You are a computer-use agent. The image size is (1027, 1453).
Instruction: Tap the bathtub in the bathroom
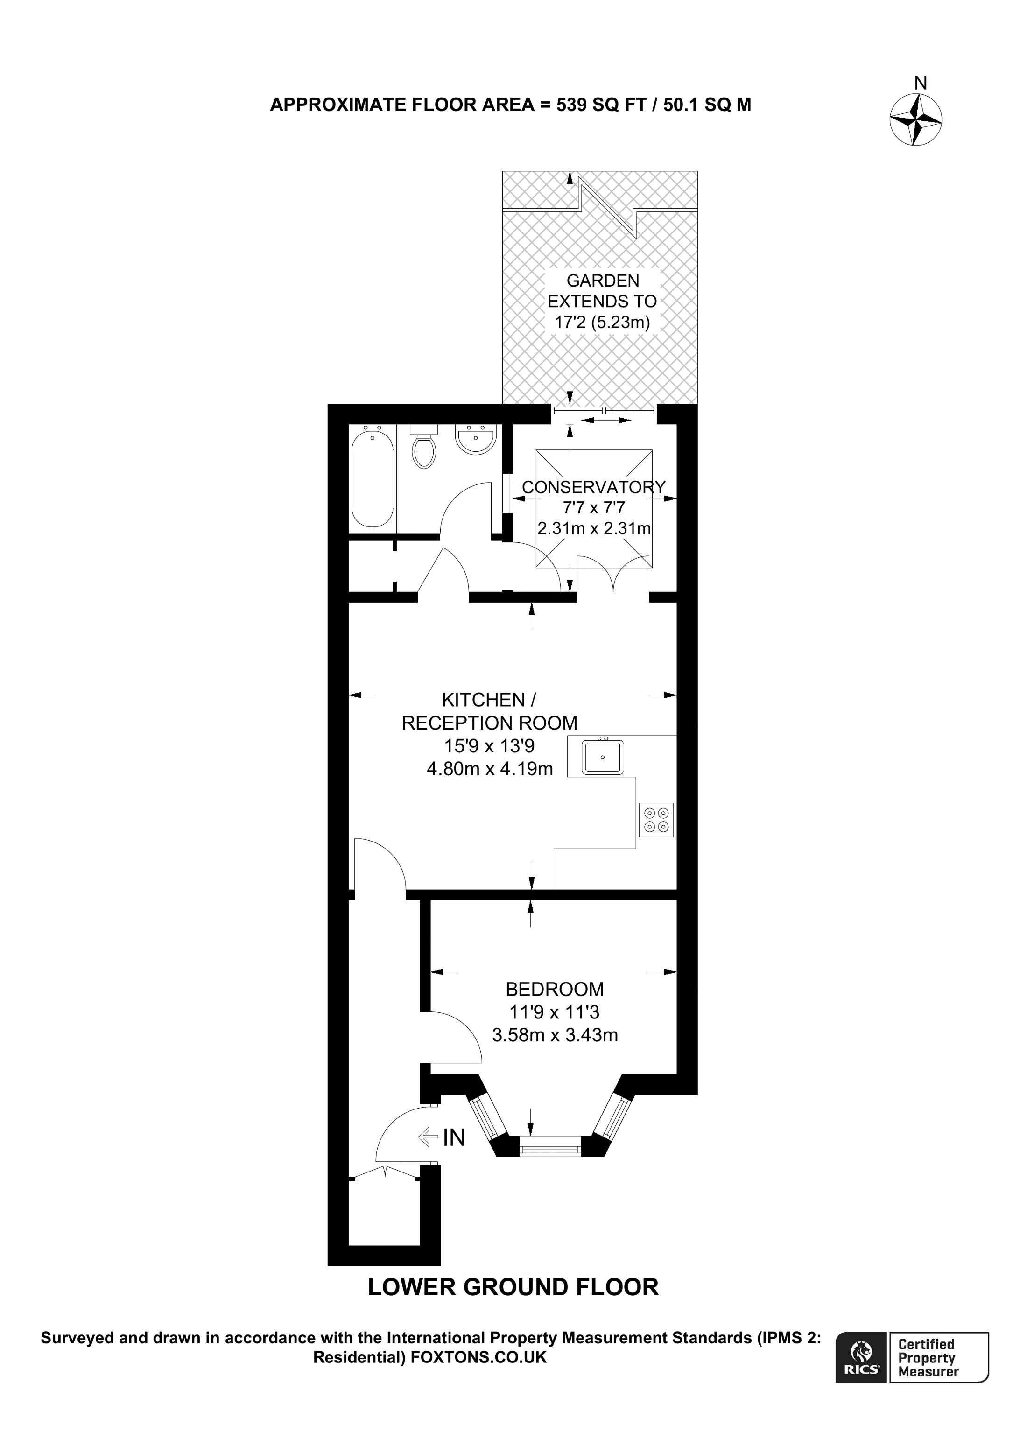point(372,478)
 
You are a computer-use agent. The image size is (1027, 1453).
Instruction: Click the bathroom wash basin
point(476,439)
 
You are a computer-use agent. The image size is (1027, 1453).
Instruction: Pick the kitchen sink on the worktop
point(602,757)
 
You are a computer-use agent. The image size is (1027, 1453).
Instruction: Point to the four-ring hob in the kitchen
point(656,820)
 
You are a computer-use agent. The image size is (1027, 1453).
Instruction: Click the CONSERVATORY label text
point(593,487)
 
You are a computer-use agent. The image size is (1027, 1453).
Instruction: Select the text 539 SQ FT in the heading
point(598,105)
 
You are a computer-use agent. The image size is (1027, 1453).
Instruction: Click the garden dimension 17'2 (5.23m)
point(602,322)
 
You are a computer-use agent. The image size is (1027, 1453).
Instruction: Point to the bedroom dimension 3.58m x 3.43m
point(555,1035)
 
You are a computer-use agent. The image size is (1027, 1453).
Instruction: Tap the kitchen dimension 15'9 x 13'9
point(489,746)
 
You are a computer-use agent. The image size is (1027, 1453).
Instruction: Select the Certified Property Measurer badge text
point(929,1366)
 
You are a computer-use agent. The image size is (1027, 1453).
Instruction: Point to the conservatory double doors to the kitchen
point(613,574)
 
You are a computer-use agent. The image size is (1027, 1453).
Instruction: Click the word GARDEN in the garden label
point(602,281)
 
